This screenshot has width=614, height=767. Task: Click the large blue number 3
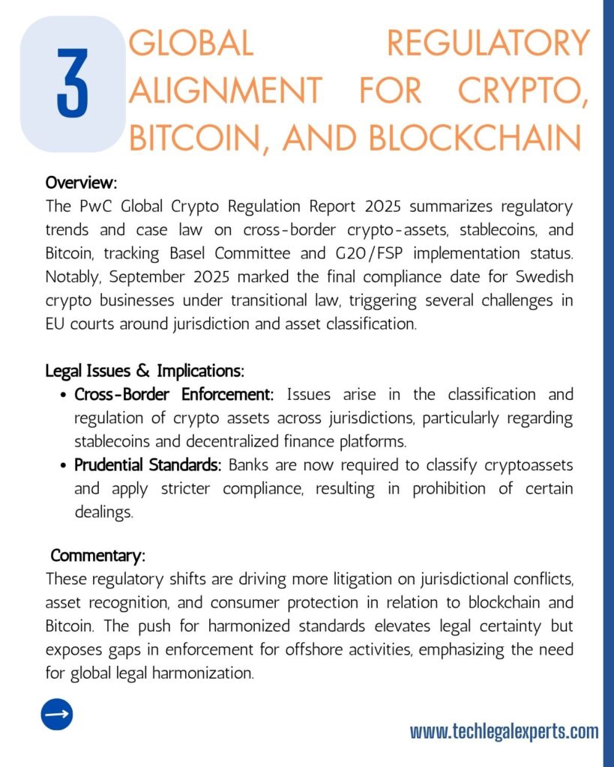(x=72, y=84)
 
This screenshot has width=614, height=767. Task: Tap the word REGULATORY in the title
(x=488, y=43)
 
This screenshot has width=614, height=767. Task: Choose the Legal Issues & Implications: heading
(x=145, y=370)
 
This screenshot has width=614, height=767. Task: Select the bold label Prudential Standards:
(x=148, y=465)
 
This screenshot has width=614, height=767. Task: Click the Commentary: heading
(x=97, y=556)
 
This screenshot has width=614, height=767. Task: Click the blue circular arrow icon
(x=57, y=714)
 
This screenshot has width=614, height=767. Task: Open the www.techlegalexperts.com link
(x=504, y=731)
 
